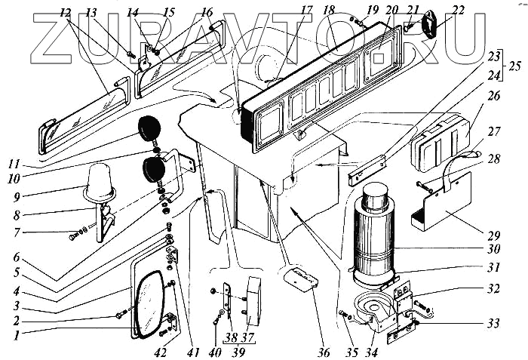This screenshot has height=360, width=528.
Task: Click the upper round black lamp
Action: [x=149, y=129]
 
